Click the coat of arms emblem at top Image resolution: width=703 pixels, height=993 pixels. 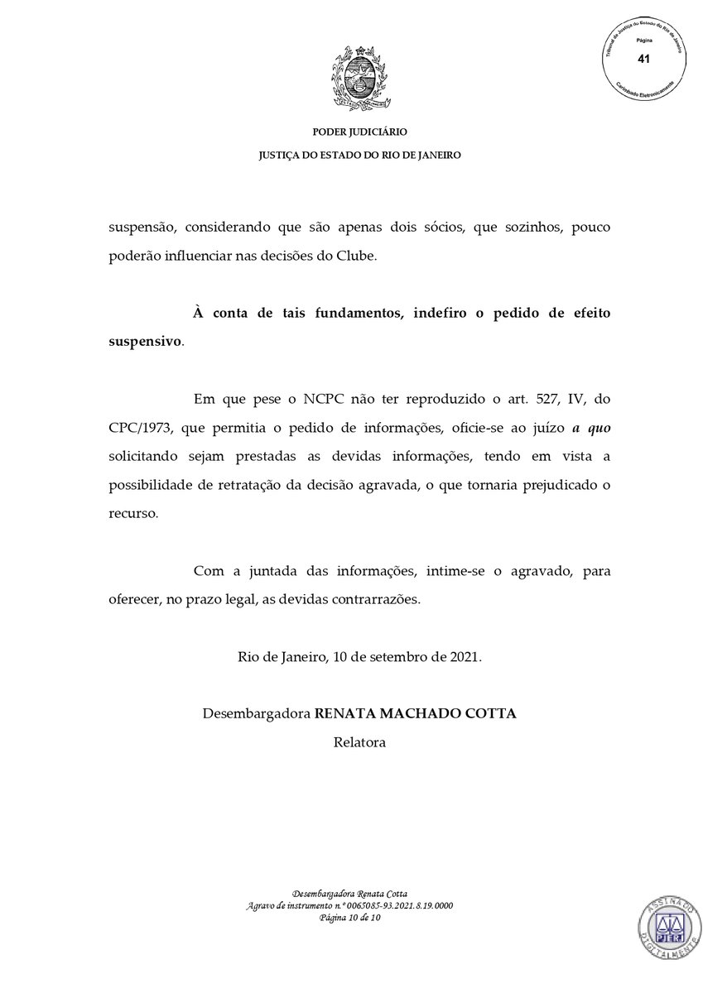point(359,79)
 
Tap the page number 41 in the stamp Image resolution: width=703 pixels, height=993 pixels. point(643,58)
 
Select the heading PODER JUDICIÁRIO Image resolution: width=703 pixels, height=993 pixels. point(359,132)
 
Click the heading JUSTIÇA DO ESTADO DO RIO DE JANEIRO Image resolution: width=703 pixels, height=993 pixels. point(359,155)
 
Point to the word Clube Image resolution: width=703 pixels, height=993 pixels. point(355,256)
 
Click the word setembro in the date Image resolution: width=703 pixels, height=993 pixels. point(390,657)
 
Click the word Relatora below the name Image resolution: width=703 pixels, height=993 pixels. point(359,742)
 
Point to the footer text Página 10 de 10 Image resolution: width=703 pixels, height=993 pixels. point(349,918)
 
